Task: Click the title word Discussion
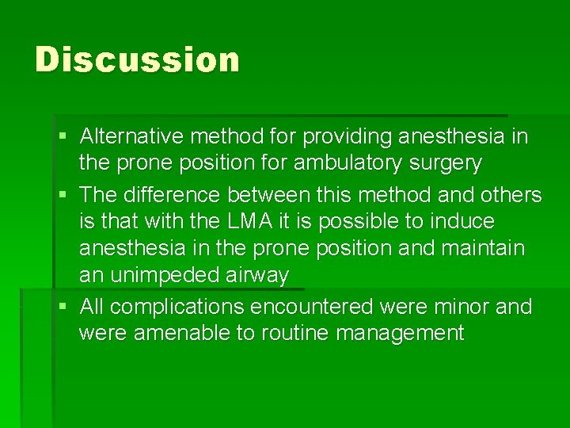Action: click(x=137, y=60)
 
